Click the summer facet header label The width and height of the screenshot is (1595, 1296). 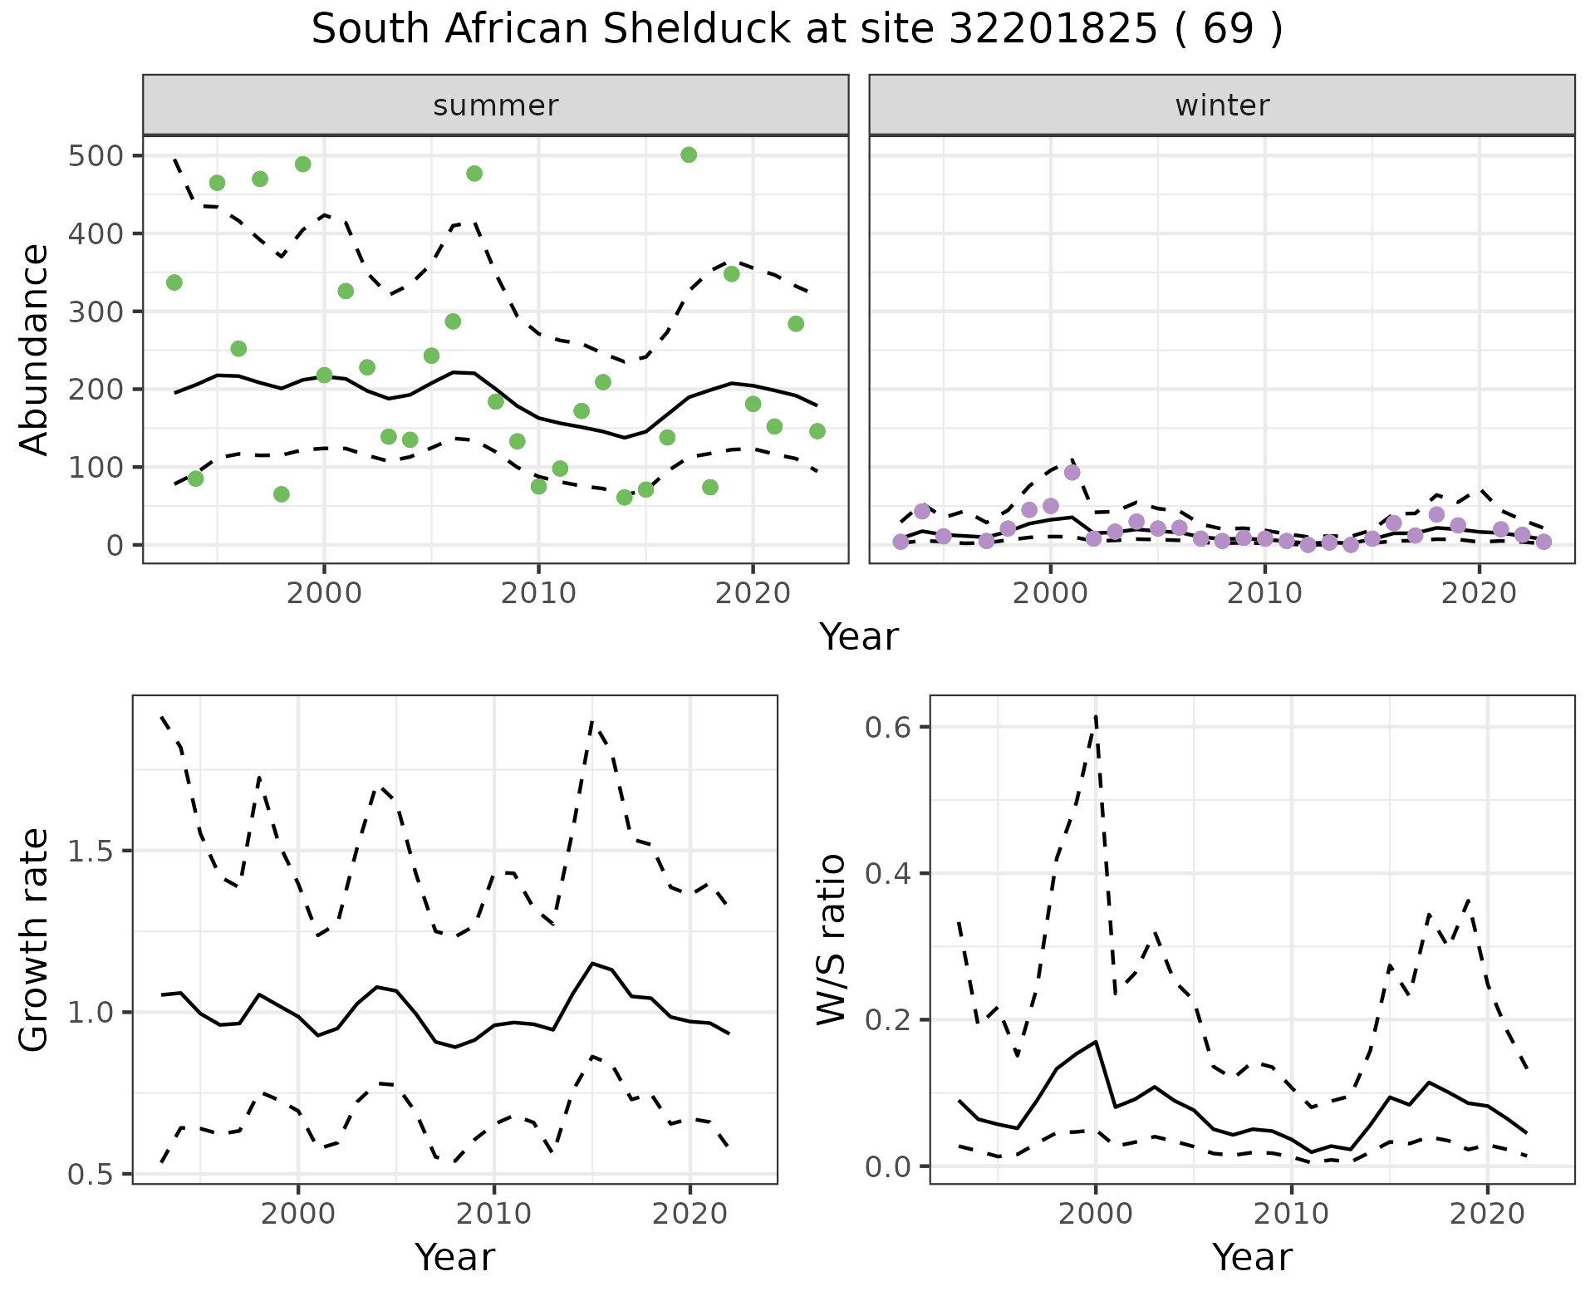tap(496, 106)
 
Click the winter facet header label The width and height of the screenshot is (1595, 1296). tap(1222, 106)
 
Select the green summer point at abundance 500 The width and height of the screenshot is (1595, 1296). tap(689, 155)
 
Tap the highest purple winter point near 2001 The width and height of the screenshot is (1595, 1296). tap(1072, 473)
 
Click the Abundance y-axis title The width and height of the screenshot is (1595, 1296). tap(35, 350)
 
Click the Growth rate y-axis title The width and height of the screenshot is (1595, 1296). tap(35, 940)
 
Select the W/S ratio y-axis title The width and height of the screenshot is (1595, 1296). tap(831, 940)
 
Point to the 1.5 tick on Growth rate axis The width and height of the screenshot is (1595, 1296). tap(95, 852)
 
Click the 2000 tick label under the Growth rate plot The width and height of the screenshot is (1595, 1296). tap(298, 1214)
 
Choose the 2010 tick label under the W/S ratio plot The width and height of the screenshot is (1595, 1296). tap(1291, 1214)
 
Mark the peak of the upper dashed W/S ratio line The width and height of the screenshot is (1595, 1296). tap(1096, 716)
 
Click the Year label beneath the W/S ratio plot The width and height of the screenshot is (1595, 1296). tap(1252, 1257)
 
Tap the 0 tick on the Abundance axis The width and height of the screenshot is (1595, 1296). tap(115, 546)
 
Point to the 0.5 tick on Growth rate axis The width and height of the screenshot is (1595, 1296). tap(95, 1174)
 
